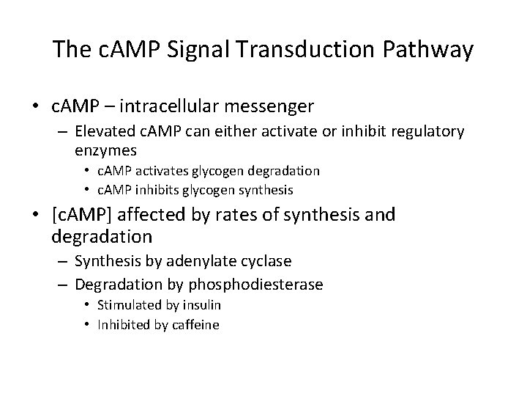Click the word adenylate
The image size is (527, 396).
tap(180, 261)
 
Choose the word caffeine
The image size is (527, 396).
tap(195, 324)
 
